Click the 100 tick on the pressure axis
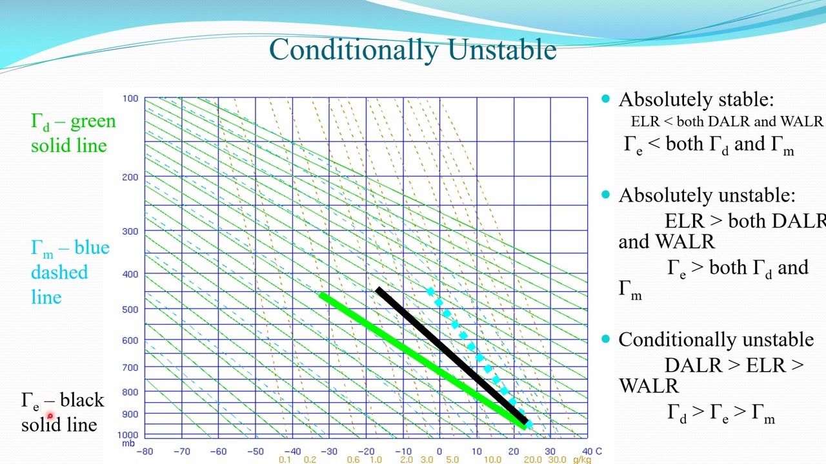coord(130,99)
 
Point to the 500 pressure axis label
coord(130,309)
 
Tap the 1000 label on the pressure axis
coord(130,434)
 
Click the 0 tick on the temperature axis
coord(439,451)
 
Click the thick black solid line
coord(452,356)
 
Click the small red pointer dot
coord(50,416)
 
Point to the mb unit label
coord(128,443)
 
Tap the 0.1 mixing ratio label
coord(285,459)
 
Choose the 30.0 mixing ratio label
coord(557,459)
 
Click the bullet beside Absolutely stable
coord(605,99)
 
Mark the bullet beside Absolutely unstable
coord(605,195)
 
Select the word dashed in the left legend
coord(59,273)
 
